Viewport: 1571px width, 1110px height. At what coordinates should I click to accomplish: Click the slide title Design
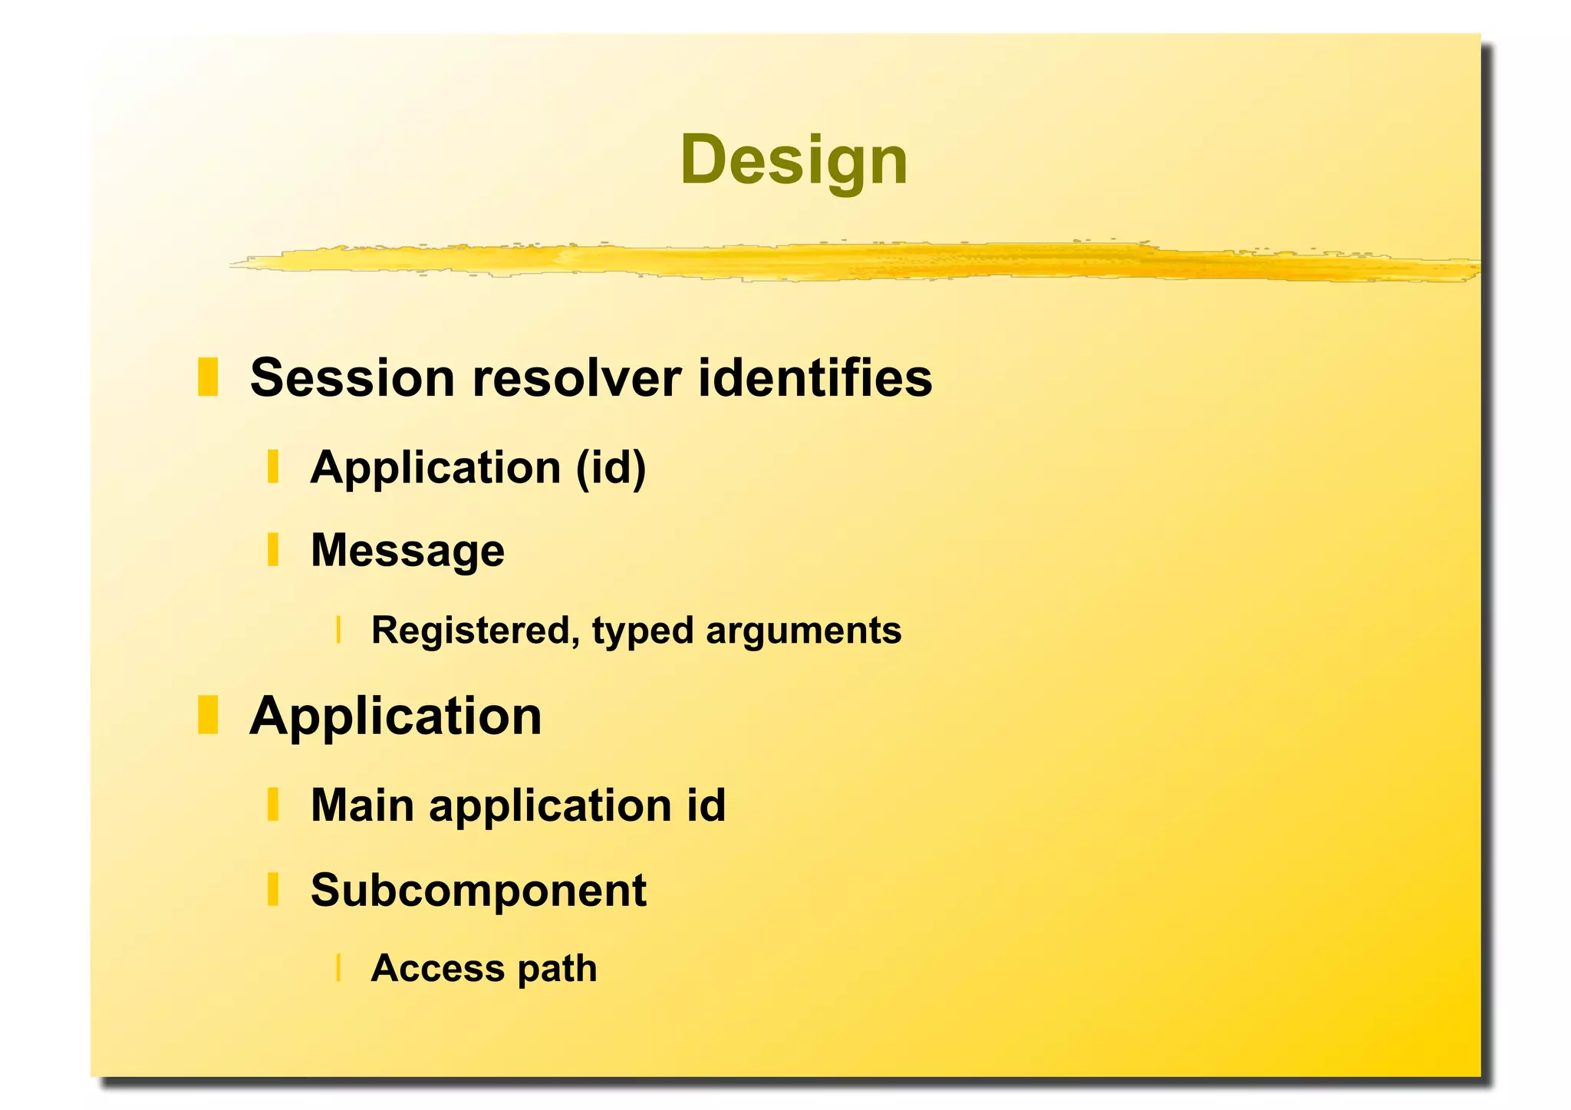793,160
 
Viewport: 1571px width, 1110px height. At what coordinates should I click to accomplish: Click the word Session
352,378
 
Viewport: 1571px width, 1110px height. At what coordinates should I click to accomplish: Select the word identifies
815,378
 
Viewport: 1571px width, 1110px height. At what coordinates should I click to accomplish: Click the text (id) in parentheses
611,468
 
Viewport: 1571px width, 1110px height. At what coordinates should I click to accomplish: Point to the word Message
407,551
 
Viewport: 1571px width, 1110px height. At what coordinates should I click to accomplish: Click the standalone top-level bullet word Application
396,716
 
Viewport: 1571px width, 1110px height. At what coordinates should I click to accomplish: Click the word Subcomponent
479,890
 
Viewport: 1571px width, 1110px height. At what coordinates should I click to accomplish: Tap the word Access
437,968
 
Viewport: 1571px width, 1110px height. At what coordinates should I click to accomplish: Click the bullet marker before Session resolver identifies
208,377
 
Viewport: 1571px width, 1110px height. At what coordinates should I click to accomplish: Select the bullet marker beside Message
272,550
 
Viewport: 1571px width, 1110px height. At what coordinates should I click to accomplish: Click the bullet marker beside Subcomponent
272,889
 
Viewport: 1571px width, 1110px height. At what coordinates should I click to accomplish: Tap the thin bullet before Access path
338,968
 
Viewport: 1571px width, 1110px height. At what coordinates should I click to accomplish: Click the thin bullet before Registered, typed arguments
338,630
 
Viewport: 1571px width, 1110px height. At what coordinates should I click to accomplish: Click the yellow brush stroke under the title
844,262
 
